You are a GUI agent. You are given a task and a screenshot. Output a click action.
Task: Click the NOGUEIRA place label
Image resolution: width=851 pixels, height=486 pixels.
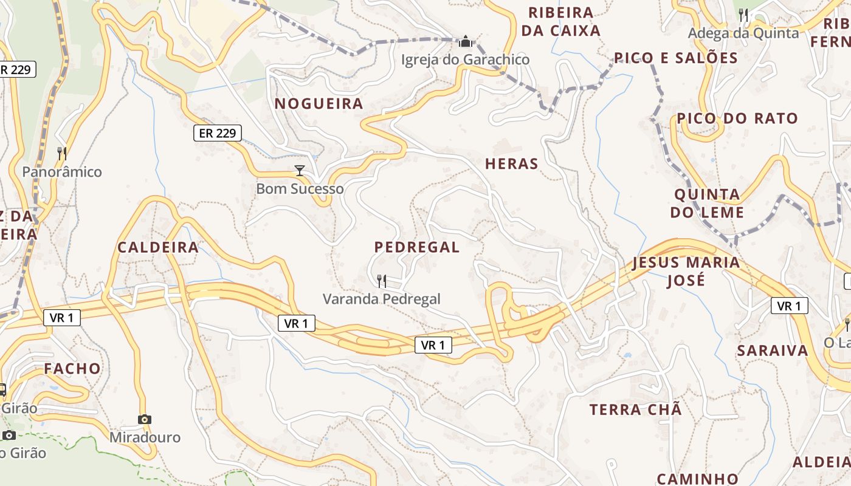[x=319, y=103]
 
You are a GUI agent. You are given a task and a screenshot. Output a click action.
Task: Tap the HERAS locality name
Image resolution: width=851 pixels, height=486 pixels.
[x=512, y=163]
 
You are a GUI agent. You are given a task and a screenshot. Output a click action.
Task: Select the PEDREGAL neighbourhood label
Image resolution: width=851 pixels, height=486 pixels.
[x=416, y=247]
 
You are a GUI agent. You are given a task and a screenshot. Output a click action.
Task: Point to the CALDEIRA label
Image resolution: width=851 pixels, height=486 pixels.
[x=158, y=247]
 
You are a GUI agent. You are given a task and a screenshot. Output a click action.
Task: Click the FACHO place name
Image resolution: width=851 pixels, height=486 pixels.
[x=72, y=368]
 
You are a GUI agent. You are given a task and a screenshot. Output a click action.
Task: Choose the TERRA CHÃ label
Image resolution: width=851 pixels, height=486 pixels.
[x=635, y=409]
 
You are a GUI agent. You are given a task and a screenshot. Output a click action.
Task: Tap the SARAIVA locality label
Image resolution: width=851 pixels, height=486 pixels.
[x=773, y=351]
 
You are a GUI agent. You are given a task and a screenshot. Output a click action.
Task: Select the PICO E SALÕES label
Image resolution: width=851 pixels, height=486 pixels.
[x=675, y=58]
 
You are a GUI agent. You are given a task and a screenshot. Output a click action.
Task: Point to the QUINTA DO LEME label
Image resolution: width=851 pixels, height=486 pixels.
[x=707, y=204]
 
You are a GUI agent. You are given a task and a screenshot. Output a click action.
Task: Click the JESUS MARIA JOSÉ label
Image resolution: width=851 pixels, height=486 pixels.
[x=686, y=272]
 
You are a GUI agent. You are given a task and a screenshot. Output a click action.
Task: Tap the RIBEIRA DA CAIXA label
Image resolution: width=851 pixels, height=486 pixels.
[x=560, y=21]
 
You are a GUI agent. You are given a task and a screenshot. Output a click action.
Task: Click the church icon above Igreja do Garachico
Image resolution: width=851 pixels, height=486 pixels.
[x=466, y=41]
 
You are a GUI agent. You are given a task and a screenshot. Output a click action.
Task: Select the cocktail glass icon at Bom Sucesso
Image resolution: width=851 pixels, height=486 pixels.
[x=299, y=170]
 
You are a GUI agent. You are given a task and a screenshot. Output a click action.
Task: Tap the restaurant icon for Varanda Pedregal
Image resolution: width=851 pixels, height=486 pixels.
[x=382, y=281]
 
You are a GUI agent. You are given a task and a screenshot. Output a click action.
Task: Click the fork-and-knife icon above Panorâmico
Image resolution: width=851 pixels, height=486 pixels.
[x=61, y=153]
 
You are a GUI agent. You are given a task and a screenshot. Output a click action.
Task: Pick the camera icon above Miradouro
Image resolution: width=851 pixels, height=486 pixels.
[x=144, y=419]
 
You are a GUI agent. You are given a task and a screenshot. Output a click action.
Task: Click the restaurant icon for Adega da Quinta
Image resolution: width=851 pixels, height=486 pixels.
[x=743, y=15]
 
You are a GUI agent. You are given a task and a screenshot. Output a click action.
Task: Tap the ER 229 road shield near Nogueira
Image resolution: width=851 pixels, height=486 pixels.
[x=218, y=133]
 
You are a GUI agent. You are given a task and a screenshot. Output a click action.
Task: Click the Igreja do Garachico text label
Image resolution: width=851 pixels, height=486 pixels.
[x=465, y=60]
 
